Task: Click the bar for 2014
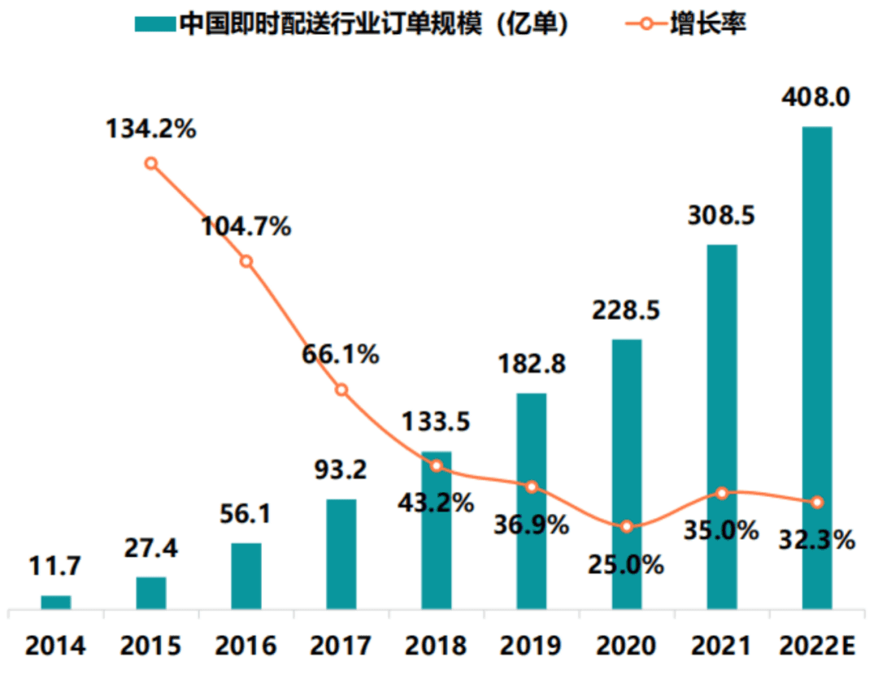[56, 602]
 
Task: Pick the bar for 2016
[246, 576]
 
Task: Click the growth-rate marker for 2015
[151, 163]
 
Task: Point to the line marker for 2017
[341, 390]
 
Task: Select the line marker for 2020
[626, 527]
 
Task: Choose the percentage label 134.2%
[151, 128]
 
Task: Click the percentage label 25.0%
[626, 564]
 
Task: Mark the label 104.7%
[246, 227]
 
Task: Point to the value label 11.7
[56, 567]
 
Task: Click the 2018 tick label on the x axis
[437, 646]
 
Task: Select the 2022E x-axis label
[815, 646]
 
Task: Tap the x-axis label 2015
[151, 646]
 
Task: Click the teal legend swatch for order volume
[154, 24]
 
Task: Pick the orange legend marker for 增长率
[646, 24]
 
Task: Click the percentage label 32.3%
[815, 539]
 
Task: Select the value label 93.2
[341, 469]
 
